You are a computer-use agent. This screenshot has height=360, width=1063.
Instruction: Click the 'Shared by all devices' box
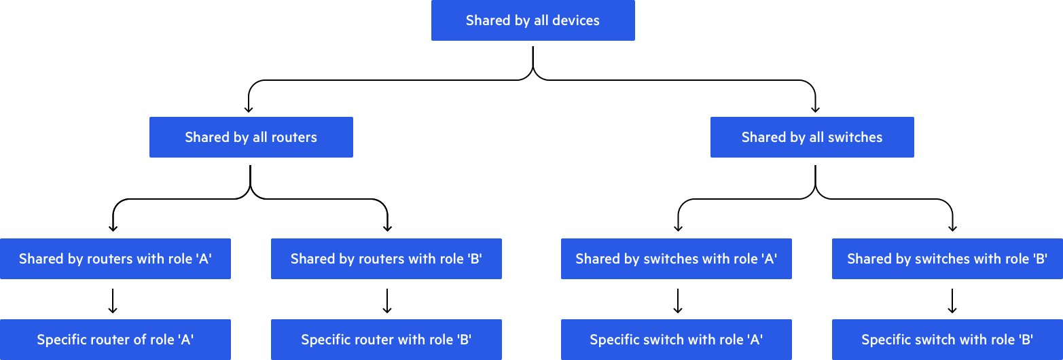coord(533,20)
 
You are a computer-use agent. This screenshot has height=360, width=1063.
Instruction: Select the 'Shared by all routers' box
coord(251,137)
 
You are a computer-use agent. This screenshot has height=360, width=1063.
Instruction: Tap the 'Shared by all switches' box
coord(812,137)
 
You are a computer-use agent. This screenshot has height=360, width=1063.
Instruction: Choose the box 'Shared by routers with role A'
coord(115,259)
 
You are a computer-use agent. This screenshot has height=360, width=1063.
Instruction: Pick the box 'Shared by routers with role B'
coord(386,259)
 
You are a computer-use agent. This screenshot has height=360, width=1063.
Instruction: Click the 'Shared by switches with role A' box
coord(676,259)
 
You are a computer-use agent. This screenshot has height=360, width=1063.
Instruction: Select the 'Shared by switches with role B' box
coord(947,259)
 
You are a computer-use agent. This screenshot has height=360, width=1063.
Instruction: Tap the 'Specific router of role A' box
coord(115,340)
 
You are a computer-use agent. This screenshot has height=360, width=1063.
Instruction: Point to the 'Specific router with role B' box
coord(386,340)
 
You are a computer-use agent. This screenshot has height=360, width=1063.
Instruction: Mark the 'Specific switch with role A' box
coord(676,340)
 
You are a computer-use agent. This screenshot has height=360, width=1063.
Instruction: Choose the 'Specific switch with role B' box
coord(947,340)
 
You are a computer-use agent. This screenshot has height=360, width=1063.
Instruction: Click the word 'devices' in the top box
coord(576,20)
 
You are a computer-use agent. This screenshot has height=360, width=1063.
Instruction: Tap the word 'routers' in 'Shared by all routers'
coord(294,137)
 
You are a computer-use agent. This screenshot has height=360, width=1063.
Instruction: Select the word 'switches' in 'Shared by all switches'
coord(854,137)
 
